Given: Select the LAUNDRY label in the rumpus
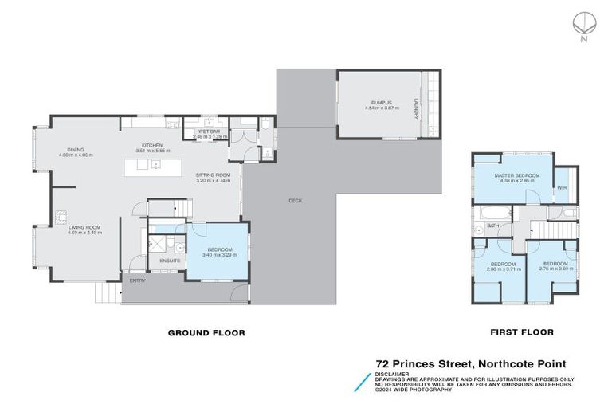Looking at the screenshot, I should [x=416, y=108].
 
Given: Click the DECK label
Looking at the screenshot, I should [x=295, y=201].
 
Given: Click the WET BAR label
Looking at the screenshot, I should [x=209, y=131].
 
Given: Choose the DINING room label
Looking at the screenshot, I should [x=76, y=149].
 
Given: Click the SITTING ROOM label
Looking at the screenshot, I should [x=213, y=175].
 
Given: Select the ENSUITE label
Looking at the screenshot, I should [x=170, y=260].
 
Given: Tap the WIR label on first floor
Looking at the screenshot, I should [x=561, y=188].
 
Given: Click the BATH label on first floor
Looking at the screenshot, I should [x=493, y=226].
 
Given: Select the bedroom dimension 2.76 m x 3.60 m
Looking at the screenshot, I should [x=555, y=269].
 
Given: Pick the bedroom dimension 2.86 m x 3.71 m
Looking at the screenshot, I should [x=504, y=269].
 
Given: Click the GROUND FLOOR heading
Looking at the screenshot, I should [x=206, y=332].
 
